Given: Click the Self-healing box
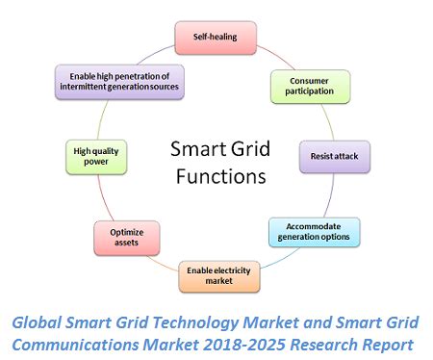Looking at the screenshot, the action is pos(217,37).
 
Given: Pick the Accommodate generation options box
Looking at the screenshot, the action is pos(314,232).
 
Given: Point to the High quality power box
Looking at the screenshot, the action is pos(96,155).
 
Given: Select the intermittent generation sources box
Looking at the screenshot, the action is pos(118,80).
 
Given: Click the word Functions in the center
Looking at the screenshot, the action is pos(216,176).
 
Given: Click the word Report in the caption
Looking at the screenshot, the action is pos(384,344).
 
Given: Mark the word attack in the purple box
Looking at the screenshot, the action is pos(348,155).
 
